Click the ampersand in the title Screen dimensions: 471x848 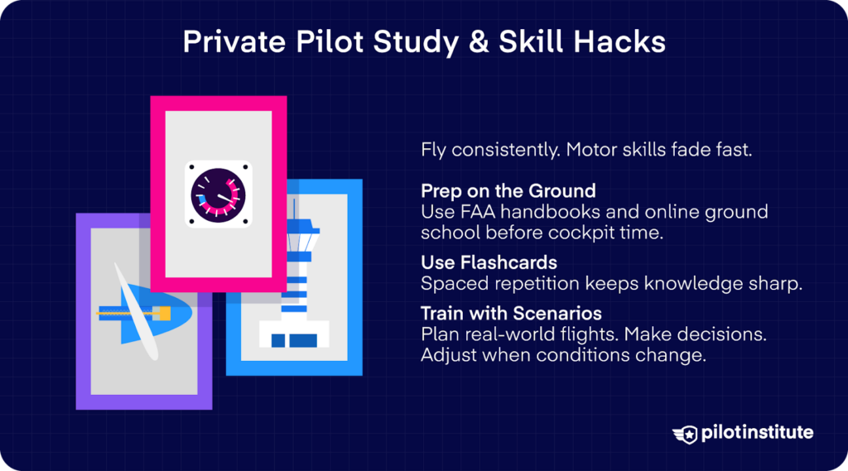pos(481,42)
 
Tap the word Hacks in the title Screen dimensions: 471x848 pos(625,42)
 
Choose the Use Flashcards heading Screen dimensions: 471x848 pos(477,262)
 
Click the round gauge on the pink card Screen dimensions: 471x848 pos(218,195)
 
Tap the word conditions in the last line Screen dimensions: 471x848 pos(593,355)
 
